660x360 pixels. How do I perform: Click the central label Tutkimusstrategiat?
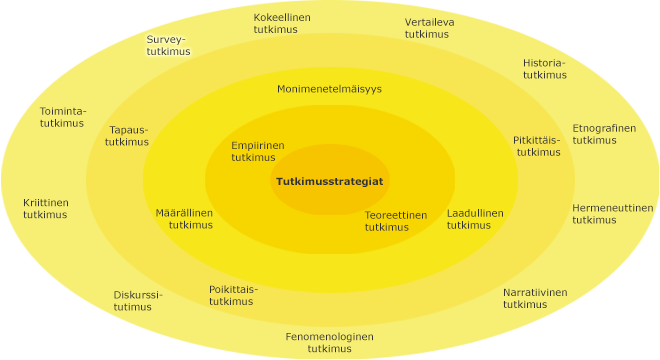click(330, 181)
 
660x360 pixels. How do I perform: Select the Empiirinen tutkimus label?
click(257, 151)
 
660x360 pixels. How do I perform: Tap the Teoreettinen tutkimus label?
click(395, 221)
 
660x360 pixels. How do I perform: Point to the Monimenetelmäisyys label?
click(329, 89)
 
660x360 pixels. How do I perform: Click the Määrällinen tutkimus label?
click(184, 219)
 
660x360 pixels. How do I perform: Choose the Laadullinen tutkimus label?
click(475, 219)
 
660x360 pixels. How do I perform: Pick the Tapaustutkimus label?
click(128, 136)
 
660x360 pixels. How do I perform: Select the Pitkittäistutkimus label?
click(538, 146)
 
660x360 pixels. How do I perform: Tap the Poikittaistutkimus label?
click(232, 295)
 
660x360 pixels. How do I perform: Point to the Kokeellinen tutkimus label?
click(282, 24)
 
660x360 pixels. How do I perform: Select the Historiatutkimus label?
click(544, 69)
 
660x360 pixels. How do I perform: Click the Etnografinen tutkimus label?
click(603, 134)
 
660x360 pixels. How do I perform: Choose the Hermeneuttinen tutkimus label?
click(612, 214)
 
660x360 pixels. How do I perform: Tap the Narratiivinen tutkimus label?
click(534, 298)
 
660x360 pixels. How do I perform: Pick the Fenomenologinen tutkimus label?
click(329, 342)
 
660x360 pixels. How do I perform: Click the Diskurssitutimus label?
click(138, 300)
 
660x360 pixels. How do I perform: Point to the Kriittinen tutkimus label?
click(46, 208)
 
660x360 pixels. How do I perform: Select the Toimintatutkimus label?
click(62, 117)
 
